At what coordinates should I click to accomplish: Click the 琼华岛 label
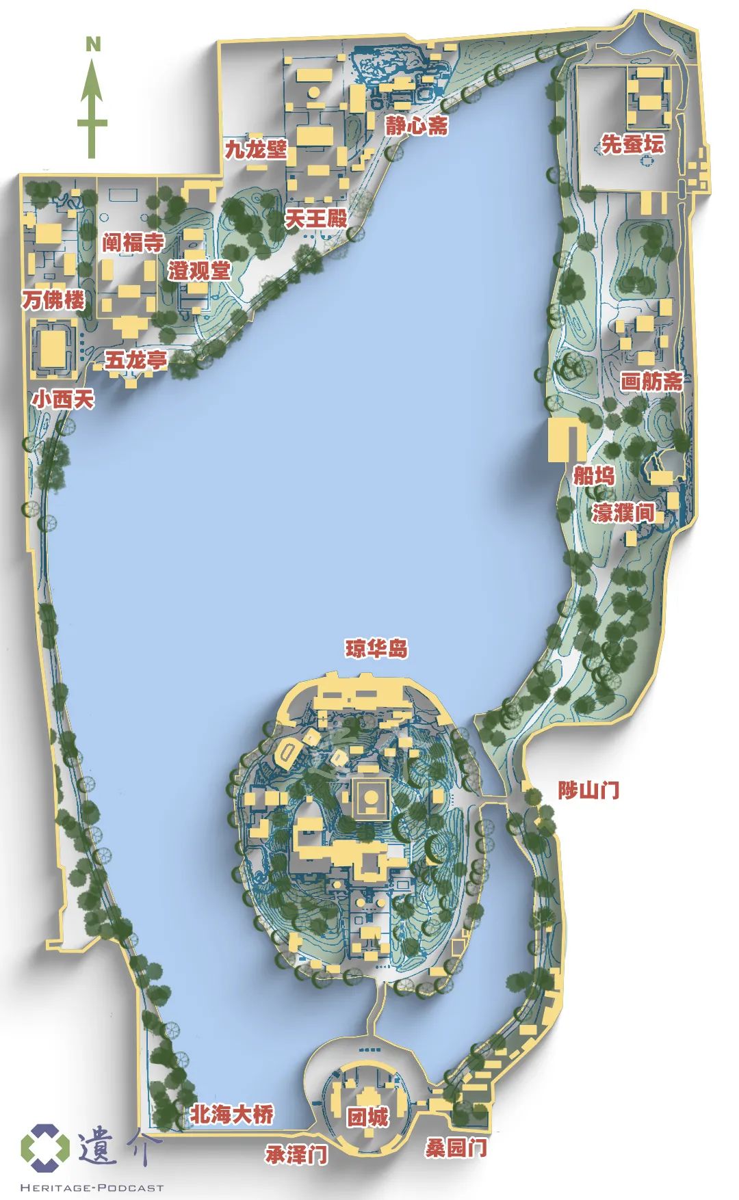coord(376,648)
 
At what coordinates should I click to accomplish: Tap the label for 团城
coord(367,1117)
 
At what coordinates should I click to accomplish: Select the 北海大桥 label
coord(232,1114)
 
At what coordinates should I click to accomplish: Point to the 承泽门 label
coord(296,1155)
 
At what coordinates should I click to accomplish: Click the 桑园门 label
coord(456,1147)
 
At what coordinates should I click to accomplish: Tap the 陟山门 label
coord(588,790)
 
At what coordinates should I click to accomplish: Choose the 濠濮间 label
coord(623,512)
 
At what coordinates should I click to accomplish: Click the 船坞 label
coord(593,475)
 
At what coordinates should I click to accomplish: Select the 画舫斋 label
coord(651,381)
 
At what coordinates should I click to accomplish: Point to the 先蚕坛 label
coord(632,144)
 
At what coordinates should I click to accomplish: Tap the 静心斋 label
coord(416,125)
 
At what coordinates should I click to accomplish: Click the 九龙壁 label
coord(256,149)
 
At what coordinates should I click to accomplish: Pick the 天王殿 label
coord(316,219)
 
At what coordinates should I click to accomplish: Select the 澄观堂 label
coord(200,270)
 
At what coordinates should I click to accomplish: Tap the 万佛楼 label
coord(53,299)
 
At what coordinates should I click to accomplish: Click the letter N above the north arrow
coord(93,45)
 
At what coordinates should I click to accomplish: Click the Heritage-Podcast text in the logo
coord(92,1188)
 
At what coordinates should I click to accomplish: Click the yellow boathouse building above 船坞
coord(567,440)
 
